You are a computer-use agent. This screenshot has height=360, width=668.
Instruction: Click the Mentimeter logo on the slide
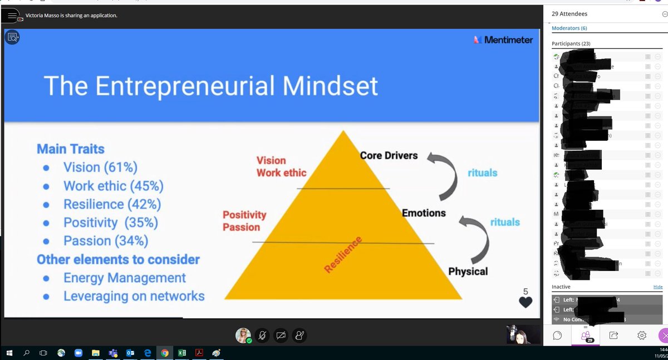(x=503, y=40)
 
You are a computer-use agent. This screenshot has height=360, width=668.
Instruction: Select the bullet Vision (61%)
(x=100, y=167)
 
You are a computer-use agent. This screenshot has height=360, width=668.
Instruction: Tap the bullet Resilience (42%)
(x=112, y=204)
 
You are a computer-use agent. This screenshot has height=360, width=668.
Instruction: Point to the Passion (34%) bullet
(x=106, y=240)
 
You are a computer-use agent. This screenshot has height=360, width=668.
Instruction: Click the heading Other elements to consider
(x=118, y=259)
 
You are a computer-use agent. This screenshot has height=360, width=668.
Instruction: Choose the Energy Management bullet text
(x=125, y=277)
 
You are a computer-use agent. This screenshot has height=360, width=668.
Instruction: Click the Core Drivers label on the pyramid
(x=389, y=155)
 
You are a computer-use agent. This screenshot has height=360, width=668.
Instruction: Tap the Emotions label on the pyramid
(x=424, y=213)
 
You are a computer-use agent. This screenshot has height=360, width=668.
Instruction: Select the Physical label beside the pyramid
(x=468, y=271)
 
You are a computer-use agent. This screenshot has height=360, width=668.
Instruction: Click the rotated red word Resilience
(x=343, y=254)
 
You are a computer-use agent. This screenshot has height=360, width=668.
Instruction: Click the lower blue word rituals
(x=505, y=222)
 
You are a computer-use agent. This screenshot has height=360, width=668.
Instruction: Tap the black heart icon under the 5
(x=525, y=302)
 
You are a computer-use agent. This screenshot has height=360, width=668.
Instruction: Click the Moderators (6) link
(x=569, y=28)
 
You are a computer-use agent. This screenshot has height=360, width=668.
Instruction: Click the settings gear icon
(x=641, y=336)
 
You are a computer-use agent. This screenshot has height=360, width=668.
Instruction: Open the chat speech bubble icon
(x=557, y=336)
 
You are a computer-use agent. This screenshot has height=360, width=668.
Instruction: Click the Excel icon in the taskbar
(x=181, y=353)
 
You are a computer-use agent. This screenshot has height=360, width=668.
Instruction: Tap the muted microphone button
(x=262, y=335)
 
